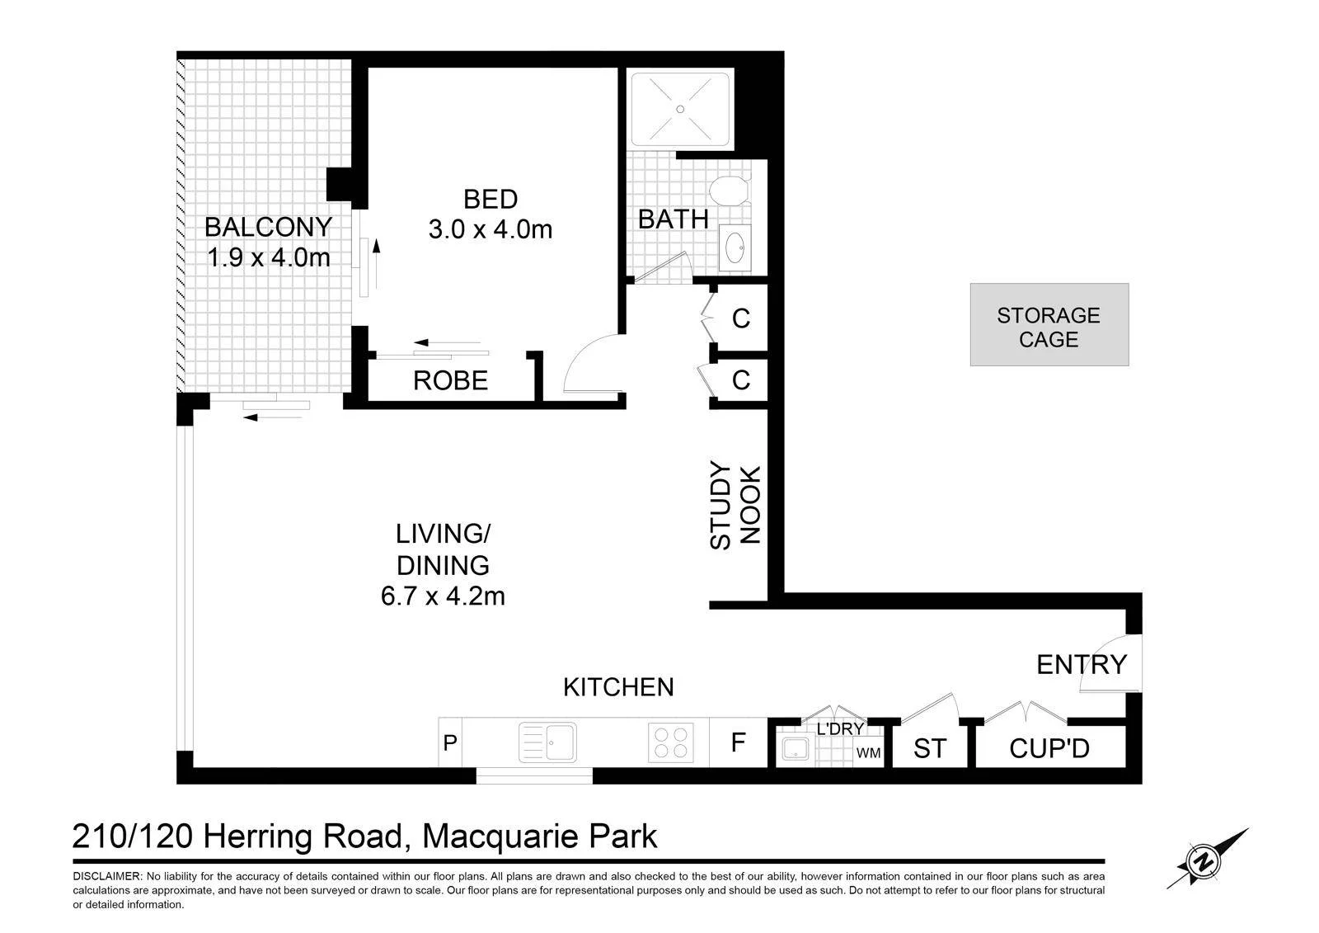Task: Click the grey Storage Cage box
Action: (1049, 325)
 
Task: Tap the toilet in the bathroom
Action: (730, 191)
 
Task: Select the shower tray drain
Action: (680, 109)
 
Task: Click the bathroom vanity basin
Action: (735, 247)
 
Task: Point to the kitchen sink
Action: (547, 742)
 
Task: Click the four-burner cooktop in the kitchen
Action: (671, 742)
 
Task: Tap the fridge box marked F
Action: (739, 742)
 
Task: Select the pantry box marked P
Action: (450, 742)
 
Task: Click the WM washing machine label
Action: (868, 753)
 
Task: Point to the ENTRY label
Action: (1082, 665)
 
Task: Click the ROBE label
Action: (450, 381)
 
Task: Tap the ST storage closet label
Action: (930, 748)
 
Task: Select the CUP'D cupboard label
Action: (1049, 748)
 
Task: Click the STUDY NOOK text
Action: (735, 505)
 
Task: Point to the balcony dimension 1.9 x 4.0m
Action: (269, 257)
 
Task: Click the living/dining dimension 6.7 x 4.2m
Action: (443, 596)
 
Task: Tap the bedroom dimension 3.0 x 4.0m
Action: (491, 229)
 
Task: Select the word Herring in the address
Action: (257, 837)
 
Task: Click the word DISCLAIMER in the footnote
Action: (106, 876)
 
